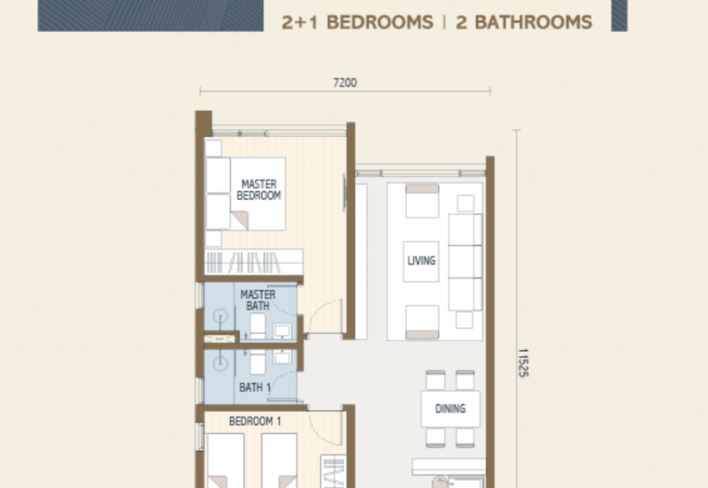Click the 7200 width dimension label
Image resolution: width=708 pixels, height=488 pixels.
click(x=344, y=83)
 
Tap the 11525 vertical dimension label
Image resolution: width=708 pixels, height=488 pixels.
click(x=522, y=362)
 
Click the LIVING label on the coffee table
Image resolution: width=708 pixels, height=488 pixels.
click(x=421, y=261)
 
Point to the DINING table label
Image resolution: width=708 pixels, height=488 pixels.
click(x=450, y=409)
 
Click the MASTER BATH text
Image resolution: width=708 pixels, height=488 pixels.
click(x=258, y=300)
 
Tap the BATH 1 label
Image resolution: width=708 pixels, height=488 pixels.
click(x=255, y=387)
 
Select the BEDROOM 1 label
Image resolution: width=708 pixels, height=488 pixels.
click(x=255, y=423)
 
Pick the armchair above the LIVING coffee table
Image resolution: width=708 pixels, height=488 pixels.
click(x=421, y=202)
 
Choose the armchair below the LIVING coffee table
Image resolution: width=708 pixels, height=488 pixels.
click(x=421, y=321)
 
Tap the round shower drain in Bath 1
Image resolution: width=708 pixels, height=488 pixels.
click(x=219, y=362)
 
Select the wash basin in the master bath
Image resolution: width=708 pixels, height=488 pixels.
click(x=282, y=331)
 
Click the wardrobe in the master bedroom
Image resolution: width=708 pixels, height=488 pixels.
click(x=254, y=262)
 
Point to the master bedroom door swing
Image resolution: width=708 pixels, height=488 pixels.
click(x=327, y=316)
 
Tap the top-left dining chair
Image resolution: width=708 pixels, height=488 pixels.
click(x=434, y=380)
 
